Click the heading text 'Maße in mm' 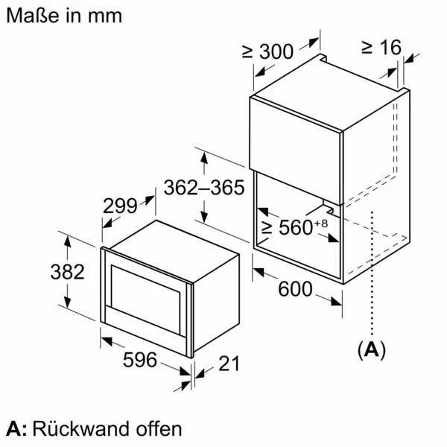tap(63, 15)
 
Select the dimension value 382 tap(68, 272)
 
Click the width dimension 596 tap(139, 361)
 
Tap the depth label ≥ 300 tap(267, 51)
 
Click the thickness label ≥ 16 tap(381, 46)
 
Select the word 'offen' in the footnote tap(157, 428)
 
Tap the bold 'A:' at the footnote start tap(16, 428)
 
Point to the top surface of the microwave tap(175, 237)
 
